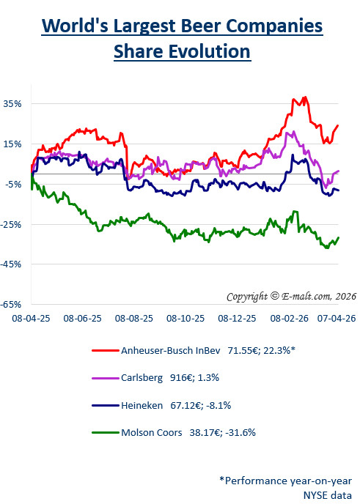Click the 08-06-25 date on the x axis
[82, 319]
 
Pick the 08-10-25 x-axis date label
[185, 319]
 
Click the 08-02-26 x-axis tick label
[287, 319]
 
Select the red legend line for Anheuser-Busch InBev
[105, 350]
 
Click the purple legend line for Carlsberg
[105, 377]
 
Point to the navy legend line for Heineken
[105, 404]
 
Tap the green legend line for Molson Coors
[105, 431]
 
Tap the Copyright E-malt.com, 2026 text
[291, 296]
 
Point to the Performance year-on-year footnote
[285, 481]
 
